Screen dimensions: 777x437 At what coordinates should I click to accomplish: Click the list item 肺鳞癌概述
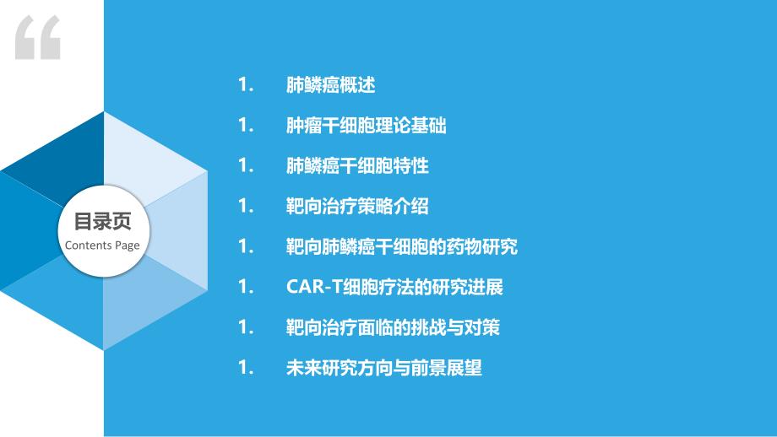click(x=330, y=85)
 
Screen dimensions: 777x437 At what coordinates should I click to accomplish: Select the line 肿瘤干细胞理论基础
click(x=367, y=125)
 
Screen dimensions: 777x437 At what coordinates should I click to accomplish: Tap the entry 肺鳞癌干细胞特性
click(x=357, y=166)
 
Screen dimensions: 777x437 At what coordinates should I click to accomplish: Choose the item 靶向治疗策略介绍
click(x=357, y=207)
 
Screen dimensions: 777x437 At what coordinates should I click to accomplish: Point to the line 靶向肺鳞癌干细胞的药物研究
click(x=402, y=246)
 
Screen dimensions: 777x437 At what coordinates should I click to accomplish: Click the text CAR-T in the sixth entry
click(x=314, y=287)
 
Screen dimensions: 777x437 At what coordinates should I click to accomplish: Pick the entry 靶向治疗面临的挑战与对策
click(x=393, y=327)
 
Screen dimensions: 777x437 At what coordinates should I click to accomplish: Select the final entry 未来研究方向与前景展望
click(x=384, y=368)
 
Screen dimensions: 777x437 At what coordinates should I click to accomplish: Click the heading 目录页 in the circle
click(x=102, y=221)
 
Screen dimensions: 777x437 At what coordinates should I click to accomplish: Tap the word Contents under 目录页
click(x=88, y=245)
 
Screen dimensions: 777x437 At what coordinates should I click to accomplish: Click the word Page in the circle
click(x=128, y=246)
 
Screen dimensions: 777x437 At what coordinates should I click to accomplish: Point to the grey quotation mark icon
click(x=38, y=38)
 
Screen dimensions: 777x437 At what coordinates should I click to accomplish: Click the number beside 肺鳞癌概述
click(x=246, y=84)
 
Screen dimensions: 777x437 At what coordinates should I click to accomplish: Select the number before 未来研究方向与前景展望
click(x=246, y=367)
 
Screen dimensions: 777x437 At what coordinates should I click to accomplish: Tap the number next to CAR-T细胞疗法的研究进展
click(x=246, y=287)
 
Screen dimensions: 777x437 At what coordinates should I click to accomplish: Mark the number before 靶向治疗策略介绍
click(x=246, y=206)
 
